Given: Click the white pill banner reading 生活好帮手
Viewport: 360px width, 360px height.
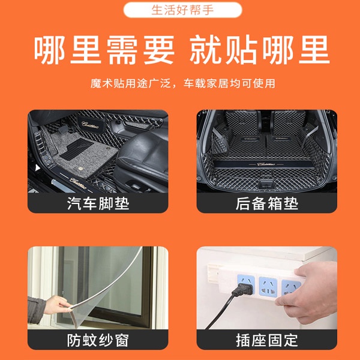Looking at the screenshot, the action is [x=182, y=10].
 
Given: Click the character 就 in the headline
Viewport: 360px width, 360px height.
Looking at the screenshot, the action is [x=205, y=50].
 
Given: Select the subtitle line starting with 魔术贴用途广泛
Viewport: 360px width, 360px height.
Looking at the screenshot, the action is [x=183, y=83].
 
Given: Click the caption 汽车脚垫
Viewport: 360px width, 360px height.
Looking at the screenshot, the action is [x=98, y=203].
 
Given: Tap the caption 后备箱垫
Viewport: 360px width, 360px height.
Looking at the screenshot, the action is [x=267, y=203].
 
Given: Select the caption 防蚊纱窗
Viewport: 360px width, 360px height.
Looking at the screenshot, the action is [x=98, y=340].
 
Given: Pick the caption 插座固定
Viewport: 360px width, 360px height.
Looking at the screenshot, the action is [x=267, y=340].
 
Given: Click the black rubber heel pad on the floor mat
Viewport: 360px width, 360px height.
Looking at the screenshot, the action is [x=76, y=149].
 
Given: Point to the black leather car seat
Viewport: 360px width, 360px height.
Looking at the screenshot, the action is [x=142, y=158].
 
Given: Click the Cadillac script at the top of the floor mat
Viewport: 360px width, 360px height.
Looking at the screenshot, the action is [x=90, y=125].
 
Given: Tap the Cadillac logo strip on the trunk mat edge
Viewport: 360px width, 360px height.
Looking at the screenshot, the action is [x=266, y=164].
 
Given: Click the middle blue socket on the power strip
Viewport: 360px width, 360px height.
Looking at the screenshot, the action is [x=268, y=287].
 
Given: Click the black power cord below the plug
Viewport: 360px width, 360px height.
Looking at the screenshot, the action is [x=219, y=312].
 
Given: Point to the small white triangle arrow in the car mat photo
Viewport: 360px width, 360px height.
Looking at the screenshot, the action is [x=37, y=168].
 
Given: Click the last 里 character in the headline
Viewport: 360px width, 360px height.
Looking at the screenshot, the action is [x=314, y=50].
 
